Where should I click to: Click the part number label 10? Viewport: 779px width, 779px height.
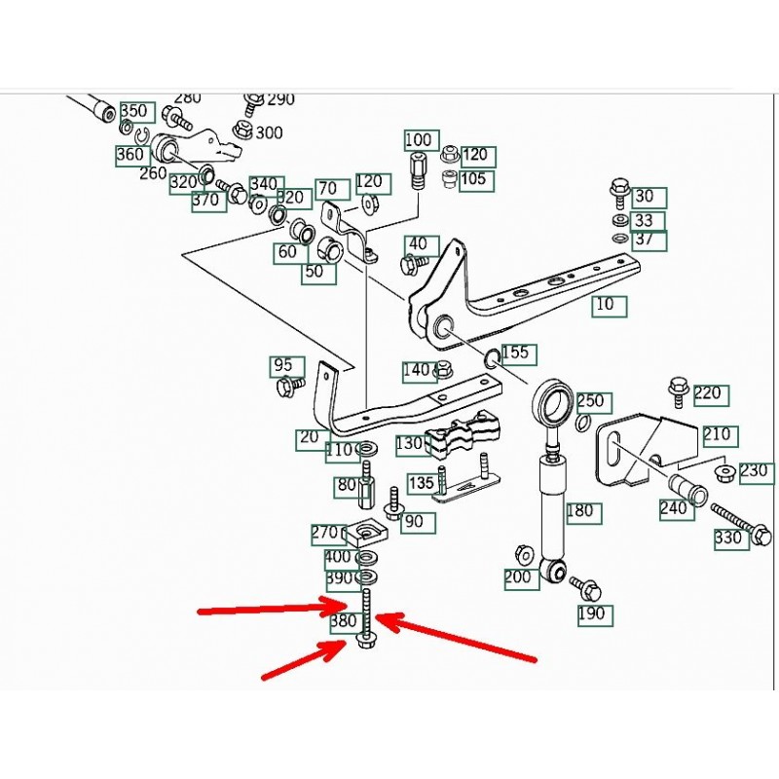(605, 305)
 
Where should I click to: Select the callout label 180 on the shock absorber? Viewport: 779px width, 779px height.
(578, 510)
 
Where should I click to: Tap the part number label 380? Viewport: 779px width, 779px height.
(344, 620)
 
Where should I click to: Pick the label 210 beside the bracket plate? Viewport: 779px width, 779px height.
(720, 435)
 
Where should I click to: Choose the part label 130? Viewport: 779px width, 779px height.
(409, 445)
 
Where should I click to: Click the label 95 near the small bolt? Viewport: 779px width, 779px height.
(282, 365)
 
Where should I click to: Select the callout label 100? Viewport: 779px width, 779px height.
(417, 140)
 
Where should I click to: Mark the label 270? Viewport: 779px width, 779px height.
(324, 533)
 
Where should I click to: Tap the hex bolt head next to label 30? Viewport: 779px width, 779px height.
(617, 186)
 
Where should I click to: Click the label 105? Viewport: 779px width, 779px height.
(473, 179)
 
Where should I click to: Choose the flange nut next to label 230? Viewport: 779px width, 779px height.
(723, 474)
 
